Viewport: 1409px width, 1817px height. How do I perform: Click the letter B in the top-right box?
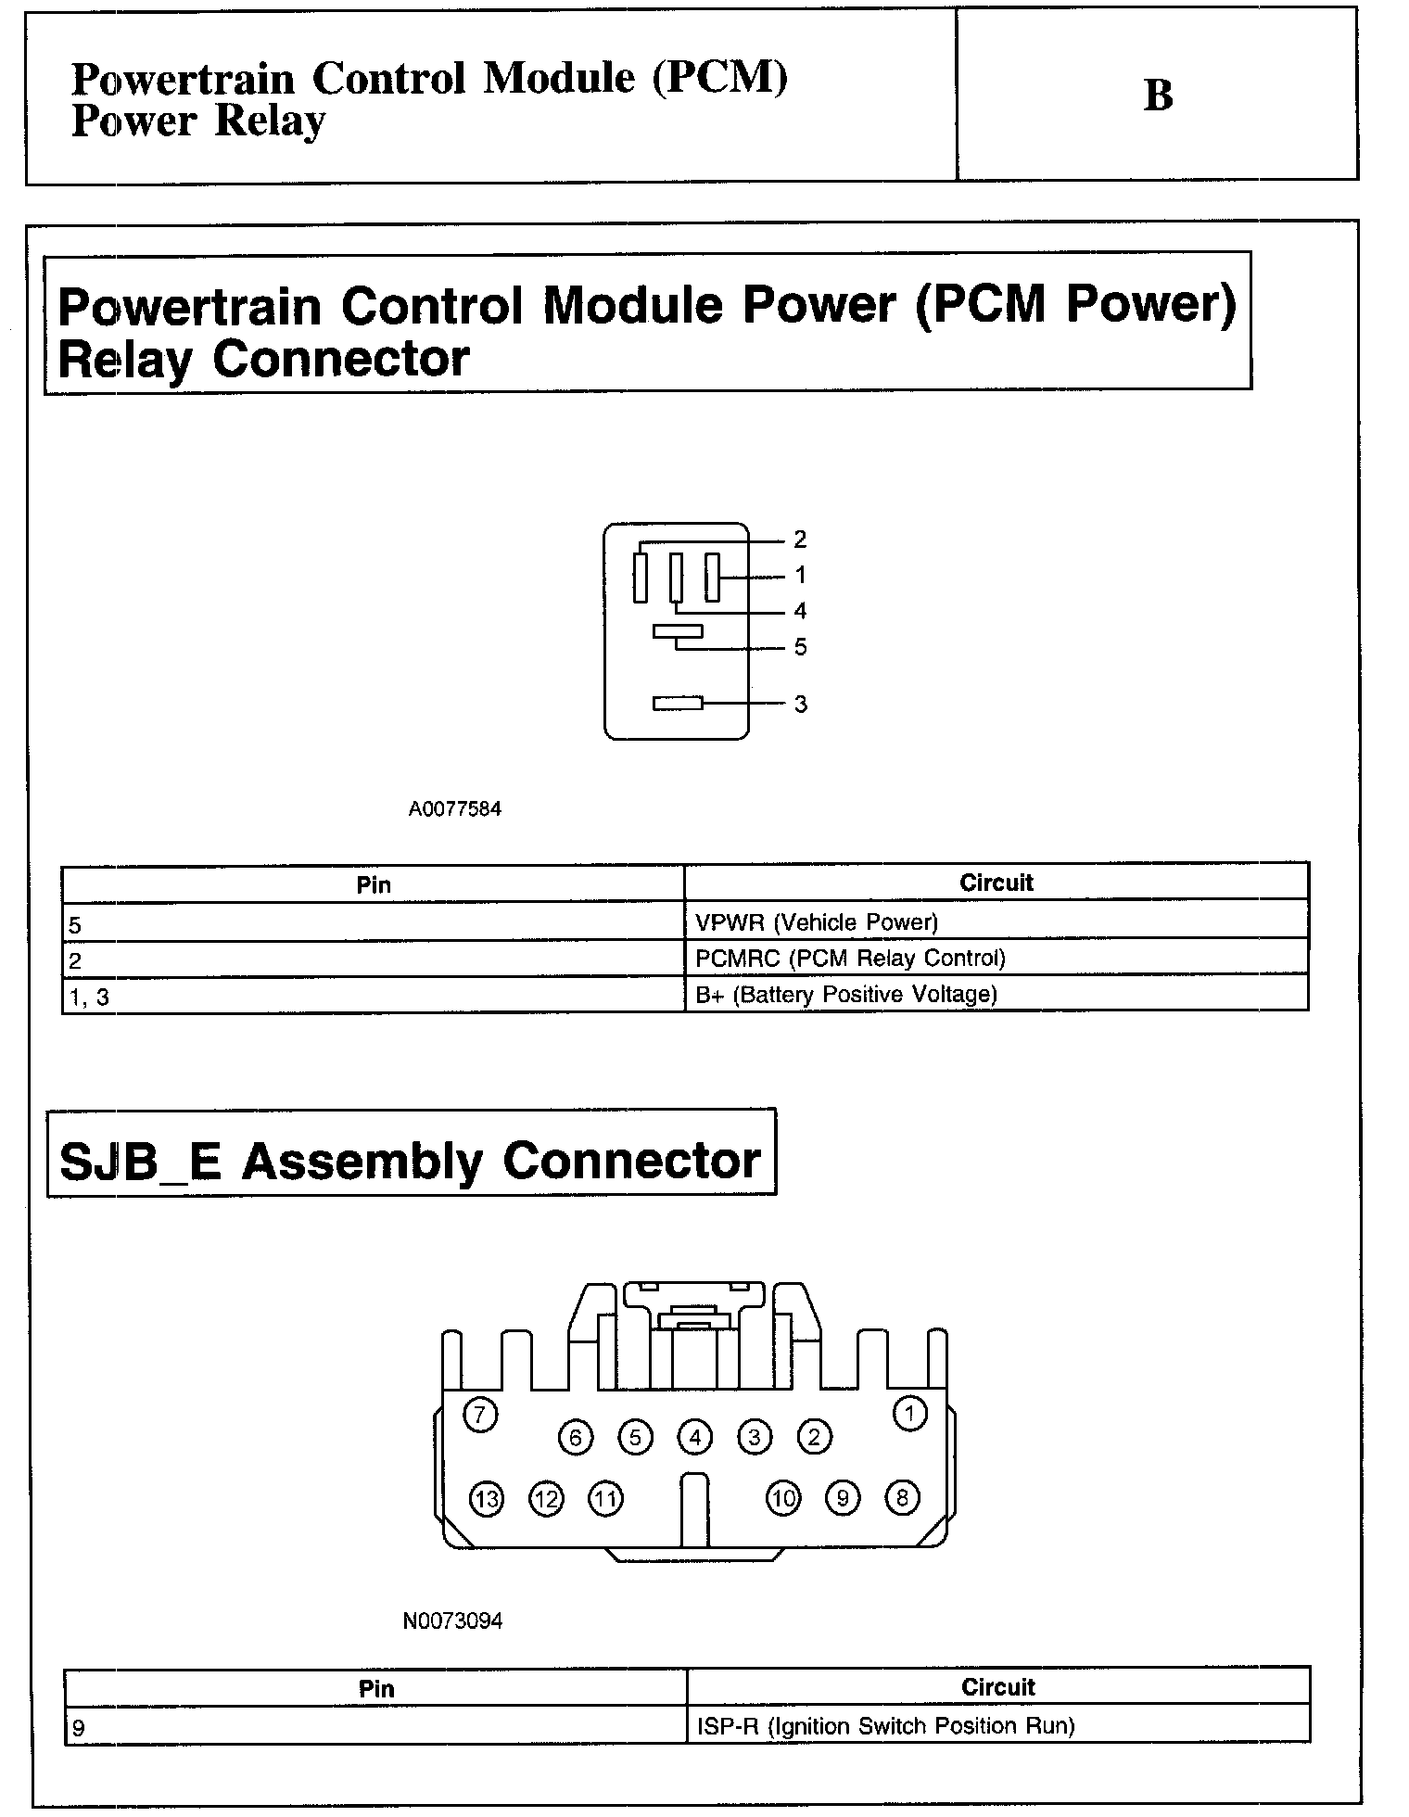pos(1158,95)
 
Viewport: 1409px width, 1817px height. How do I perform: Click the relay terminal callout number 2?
pos(800,540)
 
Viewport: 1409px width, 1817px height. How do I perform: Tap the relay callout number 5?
pos(801,647)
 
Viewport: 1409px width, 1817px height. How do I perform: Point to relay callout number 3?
pos(801,705)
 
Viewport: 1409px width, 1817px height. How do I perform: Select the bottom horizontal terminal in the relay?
pos(678,704)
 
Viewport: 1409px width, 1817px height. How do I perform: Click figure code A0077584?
pos(454,809)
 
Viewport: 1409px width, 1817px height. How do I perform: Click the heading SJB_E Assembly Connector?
pos(410,1161)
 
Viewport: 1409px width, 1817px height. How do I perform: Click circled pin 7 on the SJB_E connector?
pos(479,1416)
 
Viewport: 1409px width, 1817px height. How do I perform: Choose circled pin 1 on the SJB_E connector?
pos(909,1414)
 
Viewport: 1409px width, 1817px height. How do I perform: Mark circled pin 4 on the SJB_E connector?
pos(694,1438)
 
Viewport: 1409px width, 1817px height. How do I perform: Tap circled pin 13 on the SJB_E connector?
pos(487,1499)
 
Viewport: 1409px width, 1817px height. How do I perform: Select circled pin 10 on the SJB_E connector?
pos(783,1498)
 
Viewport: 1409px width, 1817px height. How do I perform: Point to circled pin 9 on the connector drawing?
pos(843,1498)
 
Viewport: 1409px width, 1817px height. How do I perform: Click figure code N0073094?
pos(452,1621)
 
